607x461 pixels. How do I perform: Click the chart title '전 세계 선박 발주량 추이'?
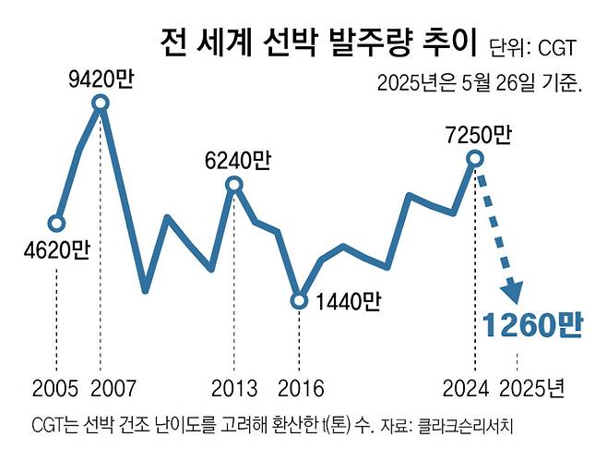[314, 42]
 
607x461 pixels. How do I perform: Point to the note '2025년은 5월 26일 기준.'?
[479, 84]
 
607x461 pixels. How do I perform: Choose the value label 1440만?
[348, 301]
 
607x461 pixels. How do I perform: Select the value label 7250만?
[476, 135]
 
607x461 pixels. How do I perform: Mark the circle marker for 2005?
[56, 223]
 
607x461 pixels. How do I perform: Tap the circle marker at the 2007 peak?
[101, 103]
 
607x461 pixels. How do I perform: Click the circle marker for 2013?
[233, 186]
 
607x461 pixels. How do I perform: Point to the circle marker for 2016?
[299, 300]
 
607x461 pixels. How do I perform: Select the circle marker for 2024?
[474, 159]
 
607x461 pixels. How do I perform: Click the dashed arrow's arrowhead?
[510, 292]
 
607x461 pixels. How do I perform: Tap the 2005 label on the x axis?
[56, 383]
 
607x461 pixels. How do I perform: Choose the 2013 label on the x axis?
[233, 383]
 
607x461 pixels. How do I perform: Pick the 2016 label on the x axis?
[299, 383]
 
